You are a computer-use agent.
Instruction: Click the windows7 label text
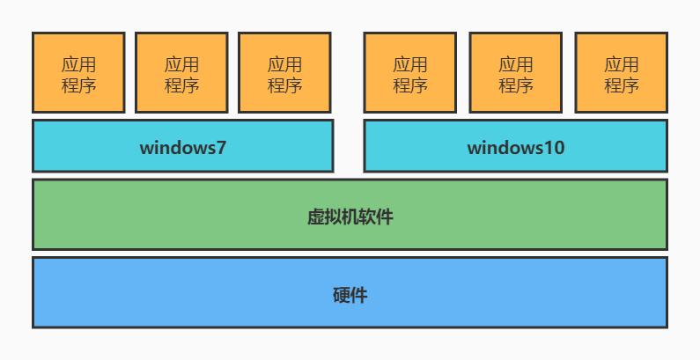(x=183, y=147)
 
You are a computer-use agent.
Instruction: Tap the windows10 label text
(x=515, y=147)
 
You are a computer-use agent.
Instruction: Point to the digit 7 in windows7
(x=221, y=147)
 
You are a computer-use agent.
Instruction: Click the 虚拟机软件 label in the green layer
(x=350, y=217)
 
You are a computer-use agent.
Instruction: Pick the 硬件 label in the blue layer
(x=350, y=295)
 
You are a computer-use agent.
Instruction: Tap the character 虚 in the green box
(x=315, y=217)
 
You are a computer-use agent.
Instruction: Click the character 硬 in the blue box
(x=342, y=295)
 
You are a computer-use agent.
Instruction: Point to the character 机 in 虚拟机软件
(x=350, y=217)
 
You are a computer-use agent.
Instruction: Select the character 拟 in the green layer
(x=332, y=217)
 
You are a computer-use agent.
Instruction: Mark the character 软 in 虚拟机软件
(x=367, y=217)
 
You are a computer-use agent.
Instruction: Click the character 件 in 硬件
(x=358, y=295)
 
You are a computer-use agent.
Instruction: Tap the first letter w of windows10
(x=474, y=147)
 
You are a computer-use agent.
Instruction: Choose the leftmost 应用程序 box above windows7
(x=78, y=73)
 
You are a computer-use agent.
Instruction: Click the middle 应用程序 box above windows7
(x=181, y=73)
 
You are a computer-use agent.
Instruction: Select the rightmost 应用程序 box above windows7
(x=284, y=73)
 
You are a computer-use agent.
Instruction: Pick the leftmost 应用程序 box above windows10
(x=409, y=73)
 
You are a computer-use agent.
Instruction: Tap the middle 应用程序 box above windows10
(x=515, y=73)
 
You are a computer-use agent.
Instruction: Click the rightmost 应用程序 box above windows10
(x=621, y=73)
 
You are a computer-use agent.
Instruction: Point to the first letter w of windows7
(x=146, y=147)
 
